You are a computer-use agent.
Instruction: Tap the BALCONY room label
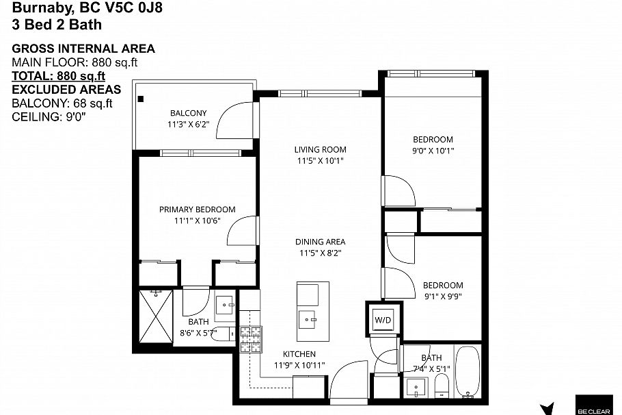(188, 113)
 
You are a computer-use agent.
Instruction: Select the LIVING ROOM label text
(320, 149)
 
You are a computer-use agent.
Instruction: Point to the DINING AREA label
(320, 242)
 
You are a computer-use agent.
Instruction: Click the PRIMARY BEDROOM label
(197, 210)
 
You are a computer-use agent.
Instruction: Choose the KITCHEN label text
(299, 354)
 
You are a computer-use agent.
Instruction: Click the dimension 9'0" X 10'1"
(433, 151)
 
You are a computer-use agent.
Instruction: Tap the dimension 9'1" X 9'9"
(442, 297)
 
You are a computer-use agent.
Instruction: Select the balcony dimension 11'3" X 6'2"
(188, 125)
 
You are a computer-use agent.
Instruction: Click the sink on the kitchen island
(310, 318)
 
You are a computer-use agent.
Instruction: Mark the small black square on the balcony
(141, 99)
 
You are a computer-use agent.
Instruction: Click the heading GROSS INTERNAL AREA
(83, 49)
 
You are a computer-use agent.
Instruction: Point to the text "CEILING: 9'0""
(49, 117)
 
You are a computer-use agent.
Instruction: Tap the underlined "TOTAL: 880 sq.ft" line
(59, 76)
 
